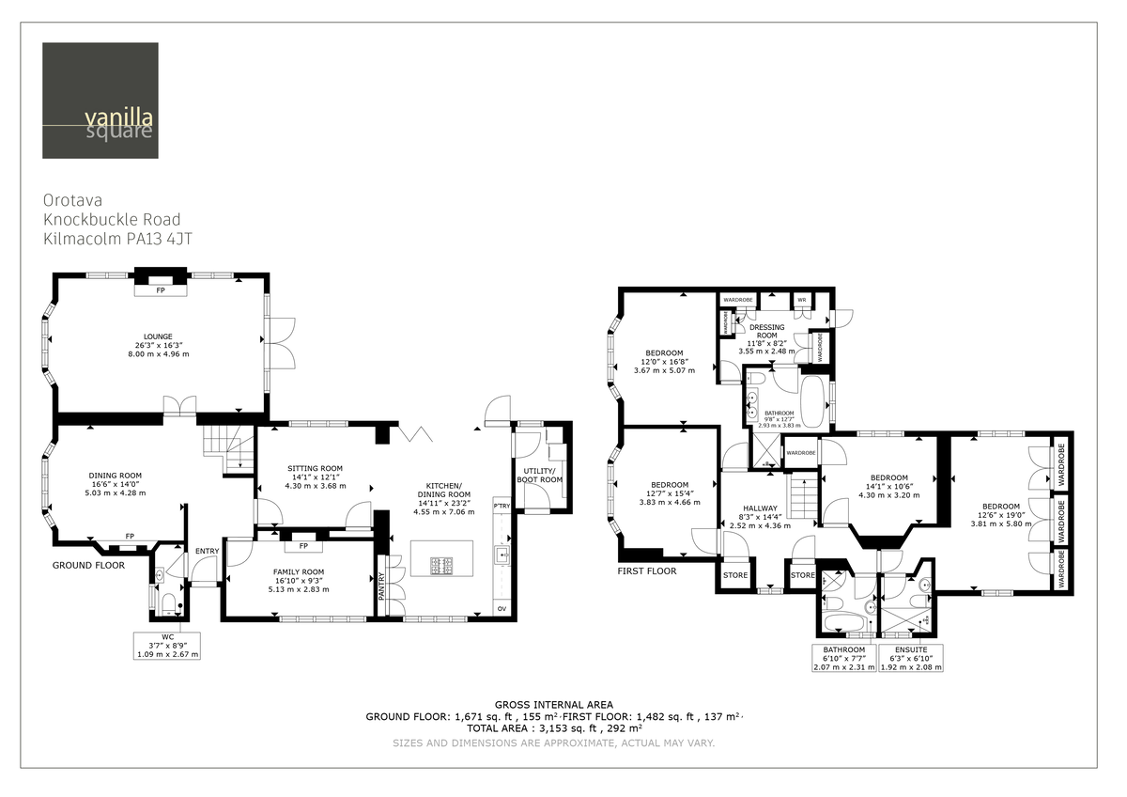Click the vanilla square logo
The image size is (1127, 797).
point(100,101)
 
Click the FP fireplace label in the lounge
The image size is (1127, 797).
point(160,290)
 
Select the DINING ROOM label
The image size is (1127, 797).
point(115,476)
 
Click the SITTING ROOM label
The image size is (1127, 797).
point(315,468)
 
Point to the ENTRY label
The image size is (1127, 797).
point(206,551)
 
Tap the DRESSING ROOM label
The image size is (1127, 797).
point(766,331)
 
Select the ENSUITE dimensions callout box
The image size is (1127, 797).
point(910,658)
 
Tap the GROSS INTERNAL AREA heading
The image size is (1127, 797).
point(553,704)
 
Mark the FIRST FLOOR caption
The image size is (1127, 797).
point(647,570)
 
